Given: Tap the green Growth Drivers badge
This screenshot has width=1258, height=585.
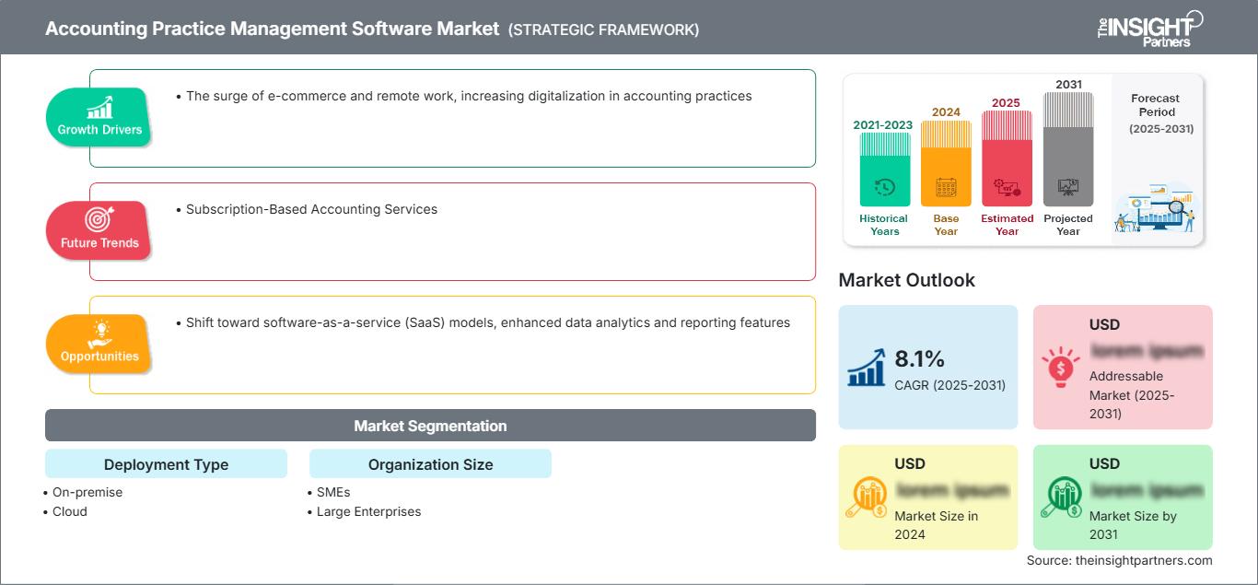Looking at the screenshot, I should click(99, 117).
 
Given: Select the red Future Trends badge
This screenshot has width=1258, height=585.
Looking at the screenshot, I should click(99, 230).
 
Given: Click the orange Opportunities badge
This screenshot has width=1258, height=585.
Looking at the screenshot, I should click(99, 344).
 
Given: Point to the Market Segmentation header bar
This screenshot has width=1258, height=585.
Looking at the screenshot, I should click(430, 426).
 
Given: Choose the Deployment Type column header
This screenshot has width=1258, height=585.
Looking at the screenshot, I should click(166, 464).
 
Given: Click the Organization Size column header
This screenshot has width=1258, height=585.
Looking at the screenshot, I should click(430, 464).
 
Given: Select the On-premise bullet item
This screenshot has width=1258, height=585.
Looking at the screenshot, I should click(87, 492).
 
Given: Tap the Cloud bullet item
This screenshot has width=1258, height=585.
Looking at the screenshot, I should click(69, 511).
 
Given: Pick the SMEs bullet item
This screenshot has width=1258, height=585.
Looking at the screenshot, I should click(332, 492).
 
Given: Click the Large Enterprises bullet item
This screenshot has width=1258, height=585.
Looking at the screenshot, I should click(367, 511).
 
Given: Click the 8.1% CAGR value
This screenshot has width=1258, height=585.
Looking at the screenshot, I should click(920, 358).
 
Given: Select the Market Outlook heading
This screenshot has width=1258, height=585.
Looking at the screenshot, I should click(906, 280).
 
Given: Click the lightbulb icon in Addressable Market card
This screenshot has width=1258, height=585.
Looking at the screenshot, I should click(1060, 367).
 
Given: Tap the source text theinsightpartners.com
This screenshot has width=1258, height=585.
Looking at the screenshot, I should click(1120, 560).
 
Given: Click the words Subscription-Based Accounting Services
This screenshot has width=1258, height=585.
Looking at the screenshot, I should click(311, 209).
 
